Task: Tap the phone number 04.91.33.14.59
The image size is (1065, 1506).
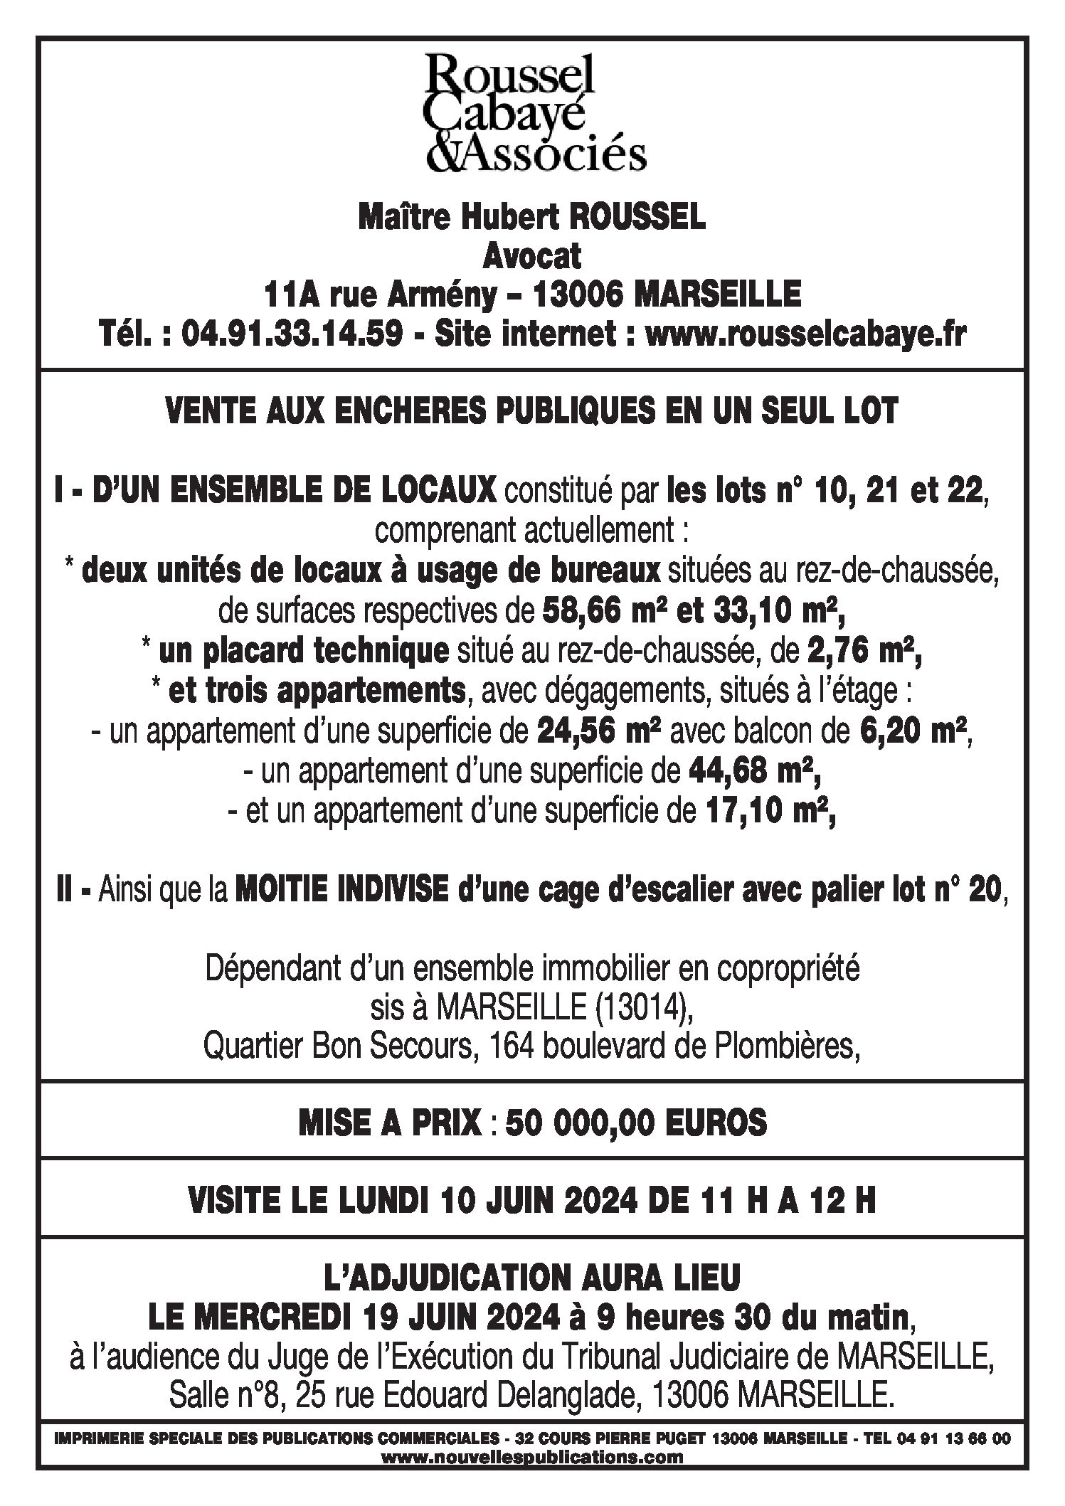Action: [x=294, y=333]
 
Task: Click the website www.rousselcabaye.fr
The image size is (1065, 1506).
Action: [x=805, y=333]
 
